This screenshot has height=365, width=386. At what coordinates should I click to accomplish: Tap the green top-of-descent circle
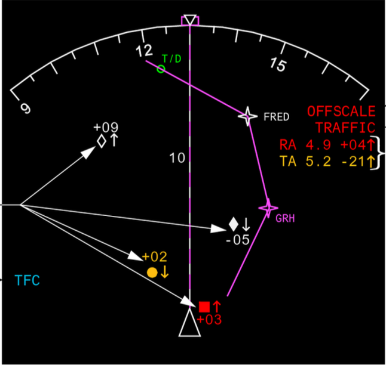(161, 69)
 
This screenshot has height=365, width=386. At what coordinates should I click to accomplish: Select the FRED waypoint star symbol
(247, 116)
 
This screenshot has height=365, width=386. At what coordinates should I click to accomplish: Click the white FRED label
(276, 117)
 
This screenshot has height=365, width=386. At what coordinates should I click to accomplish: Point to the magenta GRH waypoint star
(268, 208)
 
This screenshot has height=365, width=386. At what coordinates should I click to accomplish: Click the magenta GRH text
(285, 219)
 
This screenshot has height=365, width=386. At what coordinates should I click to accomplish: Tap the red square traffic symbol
(204, 307)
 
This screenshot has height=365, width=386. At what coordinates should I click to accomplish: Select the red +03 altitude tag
(209, 320)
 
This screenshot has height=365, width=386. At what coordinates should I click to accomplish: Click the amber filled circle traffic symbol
(152, 272)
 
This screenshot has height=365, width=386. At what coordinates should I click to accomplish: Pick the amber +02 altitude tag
(154, 257)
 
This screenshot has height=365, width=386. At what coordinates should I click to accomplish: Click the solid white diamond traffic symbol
(234, 225)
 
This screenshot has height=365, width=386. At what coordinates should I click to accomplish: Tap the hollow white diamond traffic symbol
(102, 141)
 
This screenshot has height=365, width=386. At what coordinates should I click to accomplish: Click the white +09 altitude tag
(106, 127)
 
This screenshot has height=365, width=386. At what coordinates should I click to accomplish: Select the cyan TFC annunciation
(27, 280)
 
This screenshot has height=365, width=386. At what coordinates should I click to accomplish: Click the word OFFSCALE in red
(341, 111)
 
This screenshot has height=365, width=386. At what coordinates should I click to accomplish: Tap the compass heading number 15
(277, 64)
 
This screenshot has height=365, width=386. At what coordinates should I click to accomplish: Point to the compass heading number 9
(25, 108)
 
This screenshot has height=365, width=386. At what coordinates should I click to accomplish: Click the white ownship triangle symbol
(190, 324)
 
